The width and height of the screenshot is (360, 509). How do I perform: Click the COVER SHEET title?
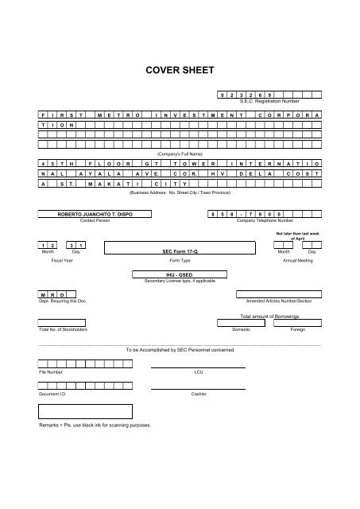pos(180,70)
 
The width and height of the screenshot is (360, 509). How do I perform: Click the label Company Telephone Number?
pos(265,220)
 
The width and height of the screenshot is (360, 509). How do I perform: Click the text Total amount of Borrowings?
pos(257,317)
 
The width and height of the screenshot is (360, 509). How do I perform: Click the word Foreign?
pos(297,329)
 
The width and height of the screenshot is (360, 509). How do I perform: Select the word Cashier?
pos(199,394)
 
